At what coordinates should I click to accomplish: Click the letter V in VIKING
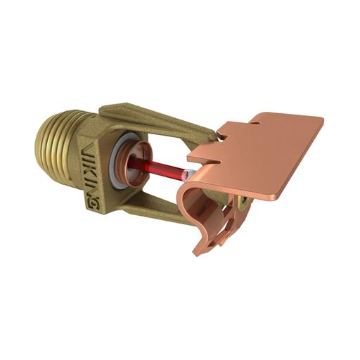pyautogui.click(x=84, y=149)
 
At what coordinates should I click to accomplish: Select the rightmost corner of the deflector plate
pyautogui.click(x=323, y=120)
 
